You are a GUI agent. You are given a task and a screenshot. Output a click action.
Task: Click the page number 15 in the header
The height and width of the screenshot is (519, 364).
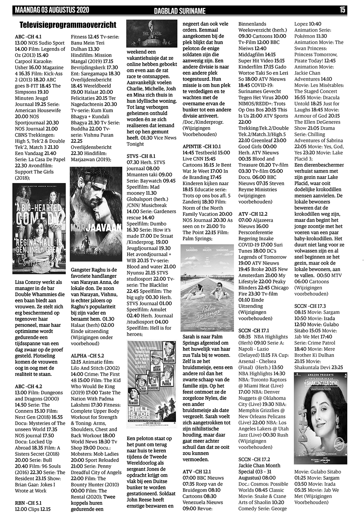point(342,10)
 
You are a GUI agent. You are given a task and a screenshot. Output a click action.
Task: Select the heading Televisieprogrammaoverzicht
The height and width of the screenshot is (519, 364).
point(68,25)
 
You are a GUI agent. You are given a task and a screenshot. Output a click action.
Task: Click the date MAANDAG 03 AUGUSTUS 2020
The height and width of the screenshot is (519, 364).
point(52,10)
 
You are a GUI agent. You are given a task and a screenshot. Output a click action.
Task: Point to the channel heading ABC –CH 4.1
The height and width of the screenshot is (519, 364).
point(28,37)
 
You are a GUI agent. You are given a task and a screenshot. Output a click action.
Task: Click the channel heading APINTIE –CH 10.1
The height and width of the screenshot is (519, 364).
point(202,146)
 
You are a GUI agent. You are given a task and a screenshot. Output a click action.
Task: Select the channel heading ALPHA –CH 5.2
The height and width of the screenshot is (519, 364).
point(87,356)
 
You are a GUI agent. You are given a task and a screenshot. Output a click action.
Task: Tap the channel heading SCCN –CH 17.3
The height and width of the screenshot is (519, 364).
point(310,306)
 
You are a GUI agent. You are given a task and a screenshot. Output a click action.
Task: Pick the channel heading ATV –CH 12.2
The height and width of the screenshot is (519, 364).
point(253,214)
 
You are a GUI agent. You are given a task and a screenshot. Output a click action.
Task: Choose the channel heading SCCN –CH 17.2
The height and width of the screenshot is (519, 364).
point(254,459)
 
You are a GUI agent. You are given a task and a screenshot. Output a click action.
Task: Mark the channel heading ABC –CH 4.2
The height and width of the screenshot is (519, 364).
point(28,386)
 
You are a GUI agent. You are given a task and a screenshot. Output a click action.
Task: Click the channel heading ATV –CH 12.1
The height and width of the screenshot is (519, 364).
point(197,472)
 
